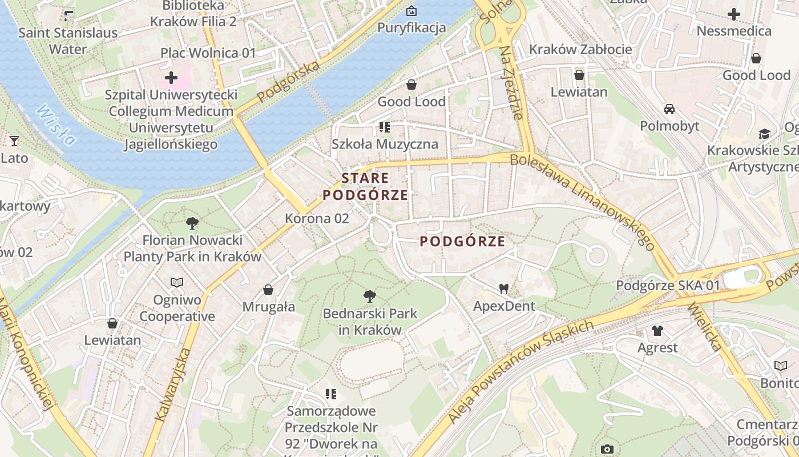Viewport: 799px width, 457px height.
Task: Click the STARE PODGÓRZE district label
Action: coord(365,186)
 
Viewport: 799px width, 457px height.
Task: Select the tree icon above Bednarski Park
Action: coord(370,296)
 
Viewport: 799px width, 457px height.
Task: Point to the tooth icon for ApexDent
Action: coord(503,288)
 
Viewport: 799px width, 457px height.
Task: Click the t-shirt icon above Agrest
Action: coord(657,330)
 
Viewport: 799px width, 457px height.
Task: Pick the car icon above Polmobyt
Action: coord(669,109)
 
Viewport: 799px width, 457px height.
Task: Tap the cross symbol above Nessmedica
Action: coord(734,14)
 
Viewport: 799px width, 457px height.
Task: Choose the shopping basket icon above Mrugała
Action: coord(268,290)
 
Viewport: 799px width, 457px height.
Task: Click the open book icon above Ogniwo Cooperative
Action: coord(177,282)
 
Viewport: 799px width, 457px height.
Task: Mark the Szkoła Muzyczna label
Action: coord(385,144)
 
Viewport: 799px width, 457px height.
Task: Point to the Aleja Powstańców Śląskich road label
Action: coord(520,371)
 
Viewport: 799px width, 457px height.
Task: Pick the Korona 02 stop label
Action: coord(317,218)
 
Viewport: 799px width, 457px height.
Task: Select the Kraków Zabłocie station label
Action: coord(580,49)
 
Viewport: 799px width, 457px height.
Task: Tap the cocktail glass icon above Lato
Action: coord(14,141)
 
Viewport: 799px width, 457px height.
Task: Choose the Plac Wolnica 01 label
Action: coord(208,53)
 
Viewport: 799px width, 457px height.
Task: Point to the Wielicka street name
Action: coord(704,326)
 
